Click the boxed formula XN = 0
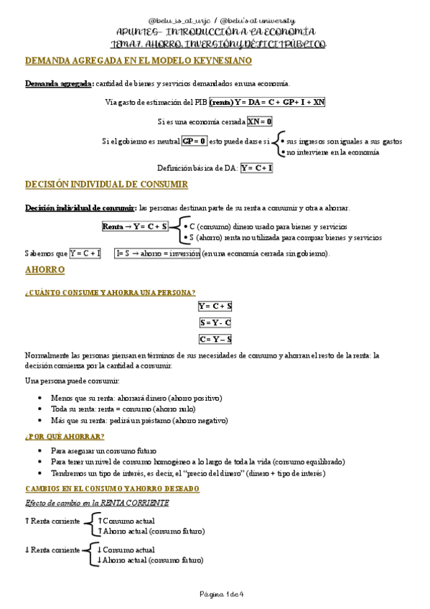tap(259, 121)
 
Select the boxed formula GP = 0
tap(194, 141)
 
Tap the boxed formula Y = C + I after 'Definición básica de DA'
tap(257, 168)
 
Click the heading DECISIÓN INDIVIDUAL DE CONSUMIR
tap(106, 185)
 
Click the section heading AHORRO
tap(45, 270)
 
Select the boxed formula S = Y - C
tap(215, 322)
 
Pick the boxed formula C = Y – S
tap(215, 339)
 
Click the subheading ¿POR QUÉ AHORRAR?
tap(65, 437)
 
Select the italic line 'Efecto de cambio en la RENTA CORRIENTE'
tap(97, 503)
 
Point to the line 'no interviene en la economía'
tap(332, 152)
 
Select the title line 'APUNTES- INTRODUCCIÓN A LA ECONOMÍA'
tap(215, 33)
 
